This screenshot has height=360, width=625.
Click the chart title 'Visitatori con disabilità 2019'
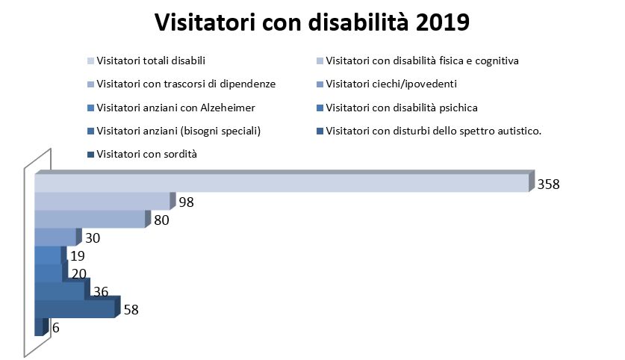click(x=312, y=22)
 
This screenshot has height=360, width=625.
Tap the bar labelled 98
click(x=105, y=201)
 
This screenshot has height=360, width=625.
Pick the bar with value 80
click(x=93, y=219)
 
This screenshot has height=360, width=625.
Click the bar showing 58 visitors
click(x=78, y=308)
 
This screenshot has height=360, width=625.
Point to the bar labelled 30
click(x=58, y=237)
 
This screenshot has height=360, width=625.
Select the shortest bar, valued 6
click(x=42, y=327)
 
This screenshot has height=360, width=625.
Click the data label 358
click(x=549, y=184)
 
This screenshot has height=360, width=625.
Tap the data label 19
click(x=78, y=256)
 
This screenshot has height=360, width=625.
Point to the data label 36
click(x=101, y=291)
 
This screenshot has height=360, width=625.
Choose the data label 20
click(x=79, y=273)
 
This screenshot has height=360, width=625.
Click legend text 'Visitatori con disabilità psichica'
click(x=402, y=108)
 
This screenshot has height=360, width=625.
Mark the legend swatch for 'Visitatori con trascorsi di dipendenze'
click(x=90, y=84)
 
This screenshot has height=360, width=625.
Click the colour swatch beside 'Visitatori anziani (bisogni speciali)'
click(x=90, y=131)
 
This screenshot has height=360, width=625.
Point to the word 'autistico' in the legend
click(x=520, y=131)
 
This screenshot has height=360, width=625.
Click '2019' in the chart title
click(x=443, y=22)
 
